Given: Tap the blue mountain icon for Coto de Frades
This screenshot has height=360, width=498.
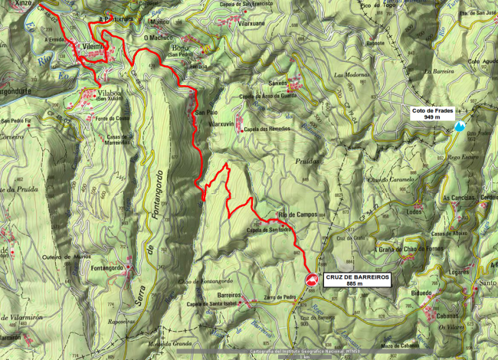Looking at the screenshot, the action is (x=459, y=126).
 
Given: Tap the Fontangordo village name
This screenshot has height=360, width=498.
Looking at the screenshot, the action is (x=106, y=267).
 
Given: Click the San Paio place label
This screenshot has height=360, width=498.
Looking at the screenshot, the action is (x=201, y=113).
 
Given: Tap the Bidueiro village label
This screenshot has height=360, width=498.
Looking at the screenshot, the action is (x=421, y=293).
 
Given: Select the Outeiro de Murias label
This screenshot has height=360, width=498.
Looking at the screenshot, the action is (x=61, y=257).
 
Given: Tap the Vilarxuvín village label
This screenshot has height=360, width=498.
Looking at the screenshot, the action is (x=221, y=124).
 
